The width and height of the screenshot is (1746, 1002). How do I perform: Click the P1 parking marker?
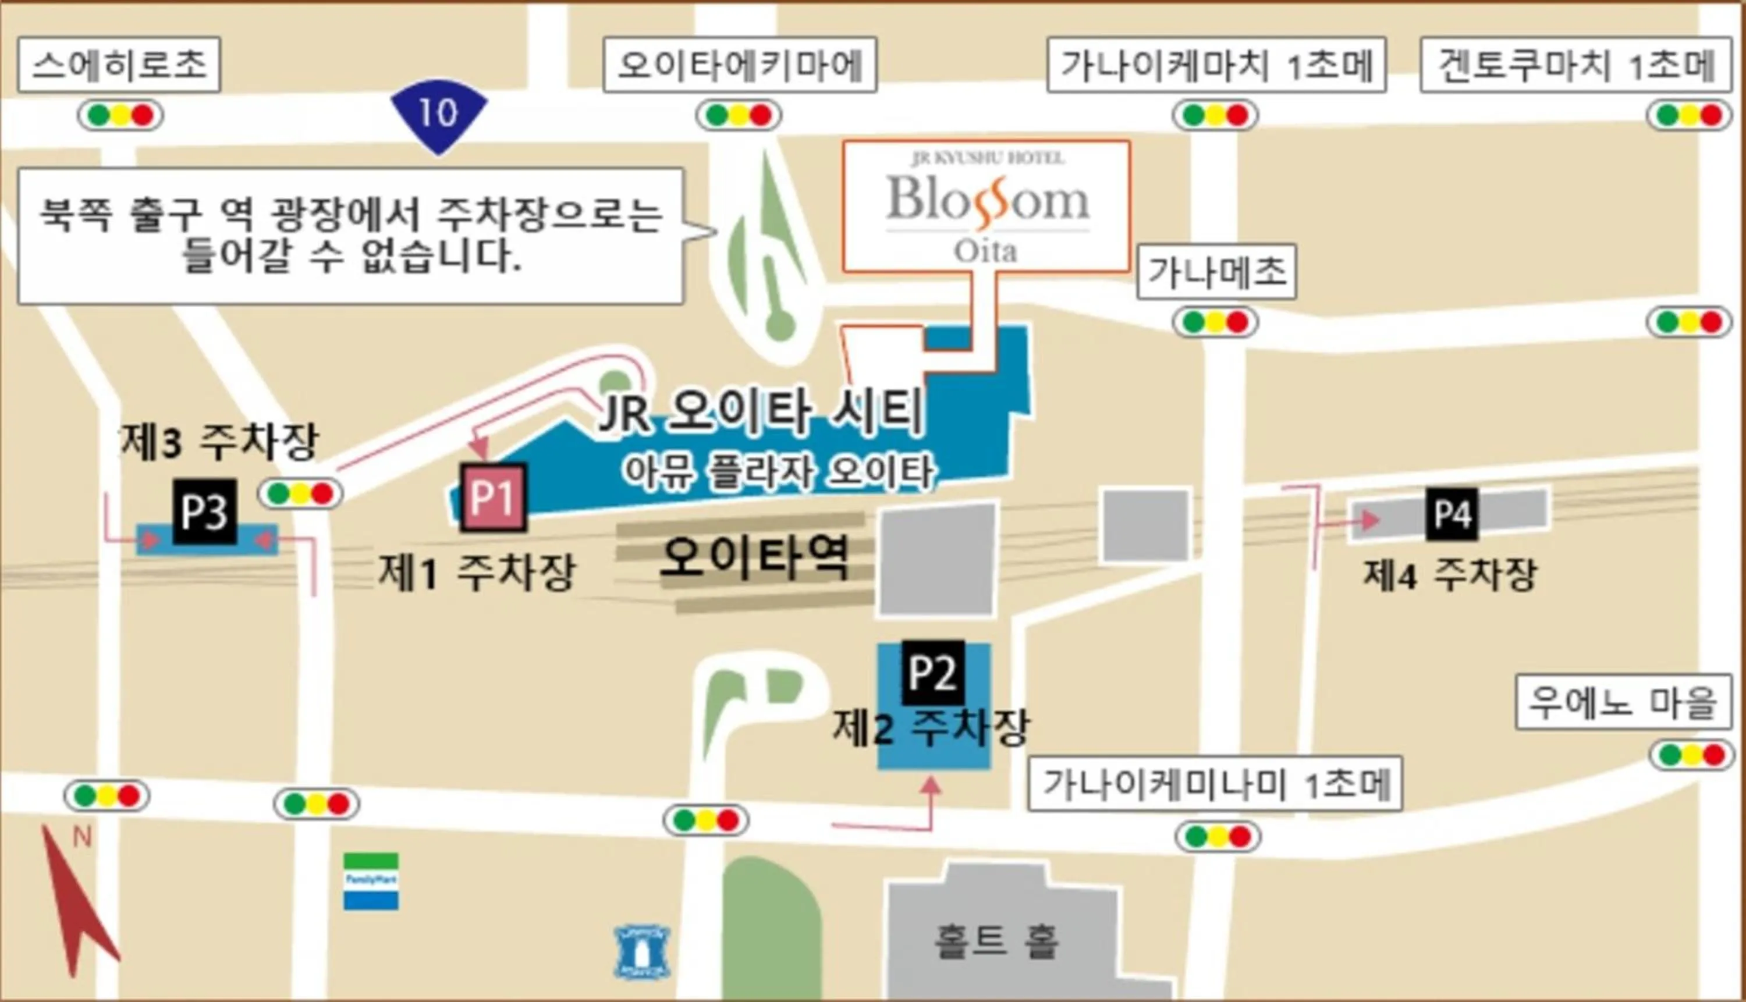pos(494,497)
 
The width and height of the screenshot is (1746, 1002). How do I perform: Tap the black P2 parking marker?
pos(932,672)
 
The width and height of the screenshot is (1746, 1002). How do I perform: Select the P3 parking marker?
pos(204,511)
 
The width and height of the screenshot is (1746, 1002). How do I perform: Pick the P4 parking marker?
pos(1452,513)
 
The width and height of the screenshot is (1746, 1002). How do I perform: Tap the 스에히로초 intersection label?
pos(119,65)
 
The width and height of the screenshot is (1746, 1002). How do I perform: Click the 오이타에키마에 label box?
pos(740,65)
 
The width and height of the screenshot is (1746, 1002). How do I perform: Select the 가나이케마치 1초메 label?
pos(1216,65)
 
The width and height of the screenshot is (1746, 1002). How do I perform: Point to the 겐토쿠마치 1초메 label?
pos(1575,65)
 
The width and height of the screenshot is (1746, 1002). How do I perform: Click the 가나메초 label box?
pos(1216,272)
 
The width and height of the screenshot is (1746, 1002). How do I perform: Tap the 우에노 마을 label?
pos(1623,702)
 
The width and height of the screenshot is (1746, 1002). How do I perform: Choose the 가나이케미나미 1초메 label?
pos(1215,784)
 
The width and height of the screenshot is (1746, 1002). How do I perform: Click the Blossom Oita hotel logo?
pos(986,207)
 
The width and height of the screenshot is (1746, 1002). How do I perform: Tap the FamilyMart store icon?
pos(371,881)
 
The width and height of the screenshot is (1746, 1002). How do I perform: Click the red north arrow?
pos(79,901)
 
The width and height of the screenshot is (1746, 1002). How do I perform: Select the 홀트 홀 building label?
pos(996,941)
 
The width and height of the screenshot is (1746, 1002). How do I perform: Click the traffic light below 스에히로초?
pos(120,115)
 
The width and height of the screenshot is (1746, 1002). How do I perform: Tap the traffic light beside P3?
pos(300,493)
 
